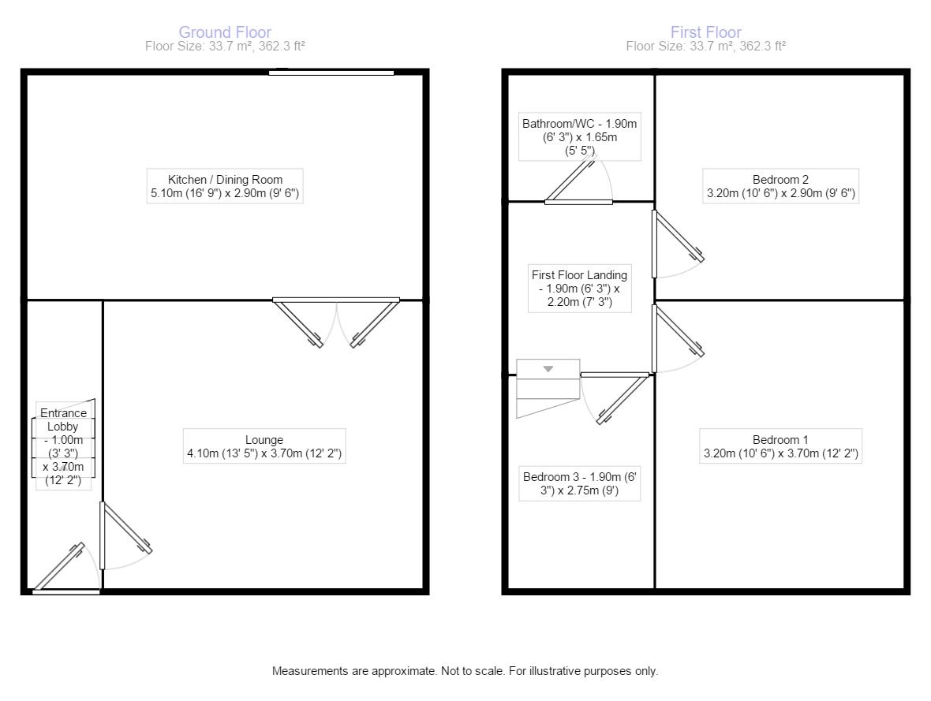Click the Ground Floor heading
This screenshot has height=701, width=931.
coord(225,32)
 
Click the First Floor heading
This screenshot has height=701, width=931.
coord(706,32)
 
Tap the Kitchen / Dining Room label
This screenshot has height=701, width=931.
coord(225,186)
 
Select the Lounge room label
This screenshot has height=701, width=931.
coord(264,446)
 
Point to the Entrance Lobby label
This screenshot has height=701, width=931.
coord(64,446)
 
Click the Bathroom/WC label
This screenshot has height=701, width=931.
coord(579,137)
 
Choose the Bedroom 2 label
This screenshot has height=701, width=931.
coord(781,186)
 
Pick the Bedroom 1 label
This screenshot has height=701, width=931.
coord(781,446)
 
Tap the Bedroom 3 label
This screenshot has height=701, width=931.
coord(579,483)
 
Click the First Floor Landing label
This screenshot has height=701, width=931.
coord(579,289)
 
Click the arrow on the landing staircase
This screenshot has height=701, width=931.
coord(548,369)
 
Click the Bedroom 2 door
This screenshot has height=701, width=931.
coord(678,244)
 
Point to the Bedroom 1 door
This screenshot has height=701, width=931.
coord(678,338)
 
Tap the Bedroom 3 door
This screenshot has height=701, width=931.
coord(615,397)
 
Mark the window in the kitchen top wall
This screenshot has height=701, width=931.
coord(331,73)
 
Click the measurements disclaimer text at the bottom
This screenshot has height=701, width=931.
coord(465,671)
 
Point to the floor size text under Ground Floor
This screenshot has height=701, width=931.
coord(225,47)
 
